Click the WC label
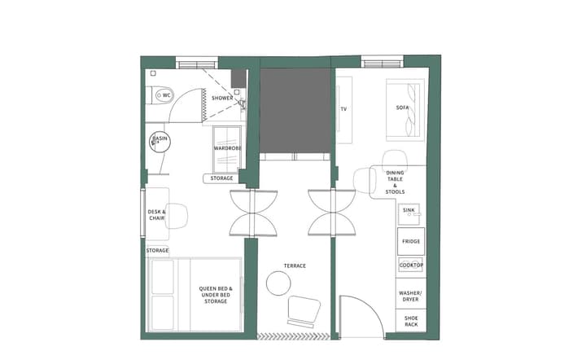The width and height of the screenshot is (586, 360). tap(167, 95)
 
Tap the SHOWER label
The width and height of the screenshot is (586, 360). tap(222, 98)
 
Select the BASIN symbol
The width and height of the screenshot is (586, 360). tap(160, 140)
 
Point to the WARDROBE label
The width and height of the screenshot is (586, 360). tap(226, 148)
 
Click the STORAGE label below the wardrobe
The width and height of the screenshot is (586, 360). tap(221, 178)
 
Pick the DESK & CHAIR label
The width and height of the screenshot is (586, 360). tap(156, 215)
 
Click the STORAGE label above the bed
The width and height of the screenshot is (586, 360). tap(157, 250)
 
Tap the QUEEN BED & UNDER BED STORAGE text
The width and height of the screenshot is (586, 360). tap(216, 295)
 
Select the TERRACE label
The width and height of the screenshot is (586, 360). tap(295, 266)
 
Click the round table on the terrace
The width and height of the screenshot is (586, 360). tap(279, 283)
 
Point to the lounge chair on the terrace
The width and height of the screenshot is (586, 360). tap(303, 310)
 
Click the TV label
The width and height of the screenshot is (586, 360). tap(343, 108)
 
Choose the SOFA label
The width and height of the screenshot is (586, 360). tap(402, 108)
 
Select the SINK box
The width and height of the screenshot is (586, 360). tap(409, 211)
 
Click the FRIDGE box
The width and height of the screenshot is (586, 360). tap(410, 242)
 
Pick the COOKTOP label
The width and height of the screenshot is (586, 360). tap(410, 265)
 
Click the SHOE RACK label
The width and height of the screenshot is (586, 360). tap(410, 320)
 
